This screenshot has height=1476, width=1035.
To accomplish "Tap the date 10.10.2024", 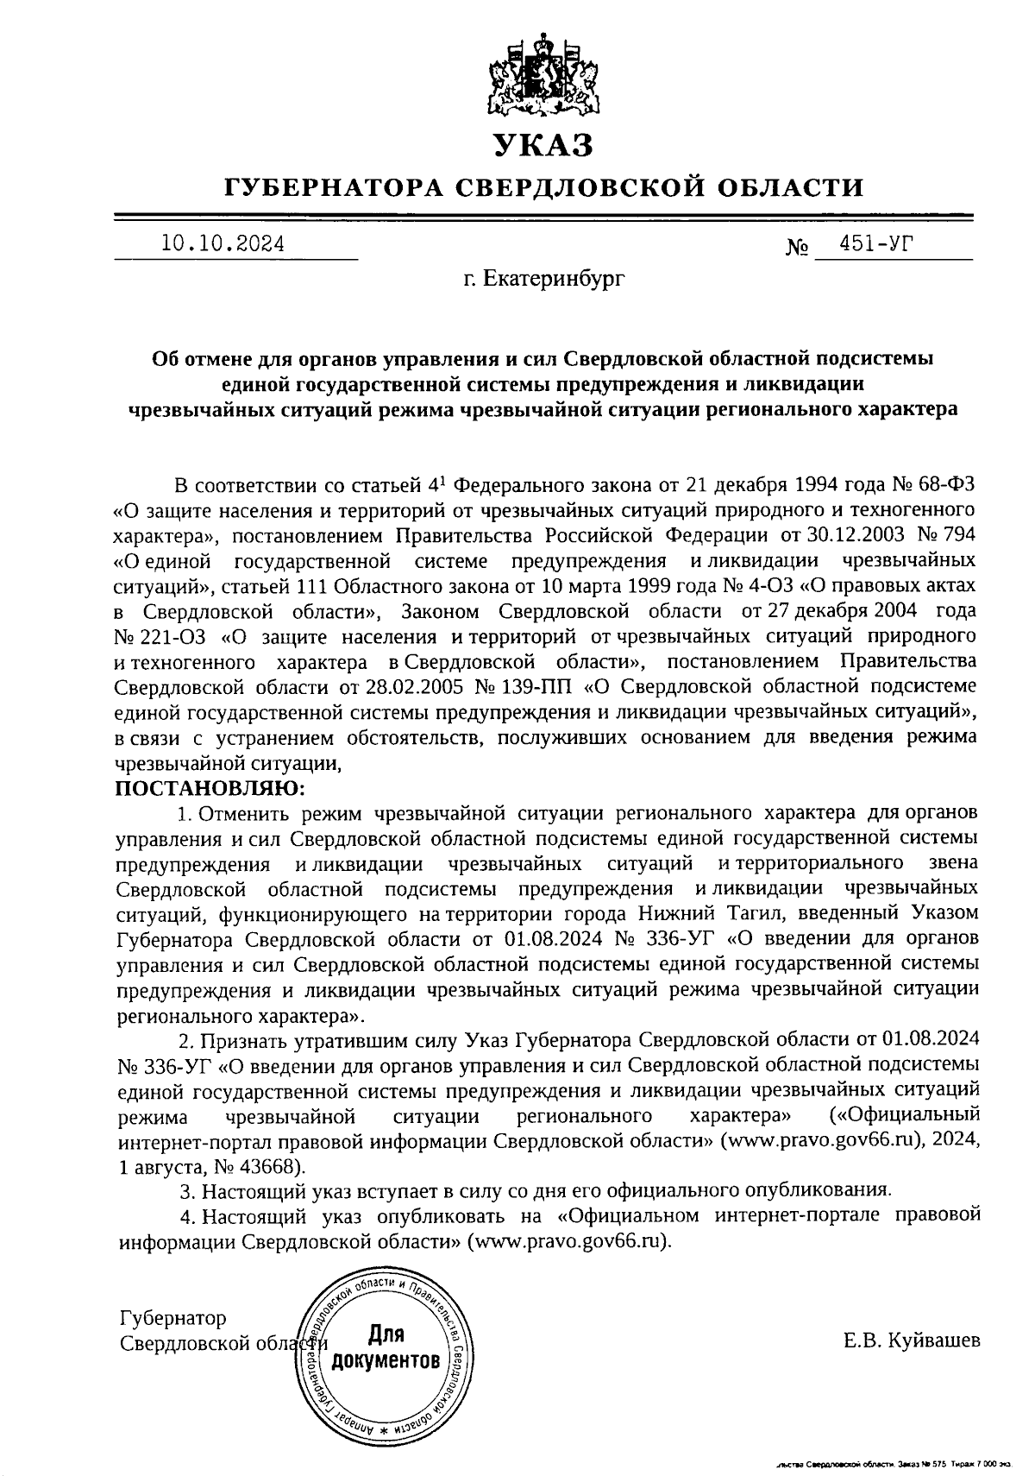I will pyautogui.click(x=223, y=244).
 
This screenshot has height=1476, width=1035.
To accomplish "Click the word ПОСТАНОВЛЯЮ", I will pyautogui.click(x=210, y=788).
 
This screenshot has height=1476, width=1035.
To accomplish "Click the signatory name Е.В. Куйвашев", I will pyautogui.click(x=912, y=1340).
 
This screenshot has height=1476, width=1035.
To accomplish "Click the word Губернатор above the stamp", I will pyautogui.click(x=172, y=1318).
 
